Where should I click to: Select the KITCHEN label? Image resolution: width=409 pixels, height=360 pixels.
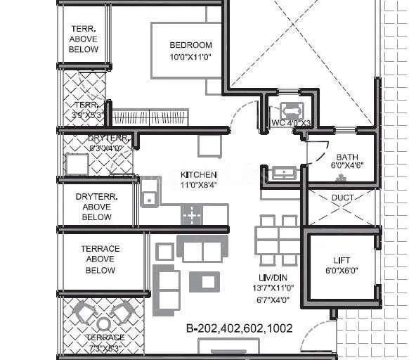tap(198, 174)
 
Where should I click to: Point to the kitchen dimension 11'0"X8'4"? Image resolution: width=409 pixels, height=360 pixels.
tap(198, 185)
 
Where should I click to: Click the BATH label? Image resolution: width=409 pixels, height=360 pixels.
tap(347, 157)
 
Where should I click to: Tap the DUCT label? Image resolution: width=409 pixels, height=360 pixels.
tap(342, 198)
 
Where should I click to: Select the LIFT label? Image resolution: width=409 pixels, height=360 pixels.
tap(342, 260)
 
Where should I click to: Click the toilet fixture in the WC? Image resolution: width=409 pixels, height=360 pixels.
tap(290, 111)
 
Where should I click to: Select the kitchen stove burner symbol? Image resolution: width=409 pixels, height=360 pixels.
tap(192, 214)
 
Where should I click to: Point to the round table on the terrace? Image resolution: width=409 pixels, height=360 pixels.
tap(104, 323)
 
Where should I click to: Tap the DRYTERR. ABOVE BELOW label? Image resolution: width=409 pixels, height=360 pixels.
tap(97, 207)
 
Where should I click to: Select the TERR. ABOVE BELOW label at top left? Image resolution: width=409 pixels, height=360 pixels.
tap(84, 39)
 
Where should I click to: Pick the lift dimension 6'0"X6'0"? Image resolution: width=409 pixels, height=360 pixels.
tap(342, 271)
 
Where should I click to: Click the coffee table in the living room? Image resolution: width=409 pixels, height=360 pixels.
tap(207, 282)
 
